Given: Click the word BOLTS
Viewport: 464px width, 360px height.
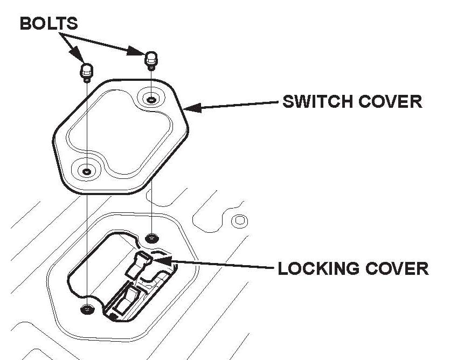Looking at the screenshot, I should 49,23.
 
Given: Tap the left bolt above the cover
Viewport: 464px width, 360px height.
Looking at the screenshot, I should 86,70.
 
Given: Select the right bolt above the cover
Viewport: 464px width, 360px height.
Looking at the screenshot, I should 151,59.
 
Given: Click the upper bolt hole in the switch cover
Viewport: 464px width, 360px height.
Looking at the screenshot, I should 152,99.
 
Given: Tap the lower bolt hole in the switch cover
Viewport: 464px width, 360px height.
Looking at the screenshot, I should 87,171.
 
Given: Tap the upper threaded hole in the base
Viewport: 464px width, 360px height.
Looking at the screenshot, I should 153,237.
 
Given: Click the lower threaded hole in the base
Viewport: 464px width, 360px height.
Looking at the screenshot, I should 86,309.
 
